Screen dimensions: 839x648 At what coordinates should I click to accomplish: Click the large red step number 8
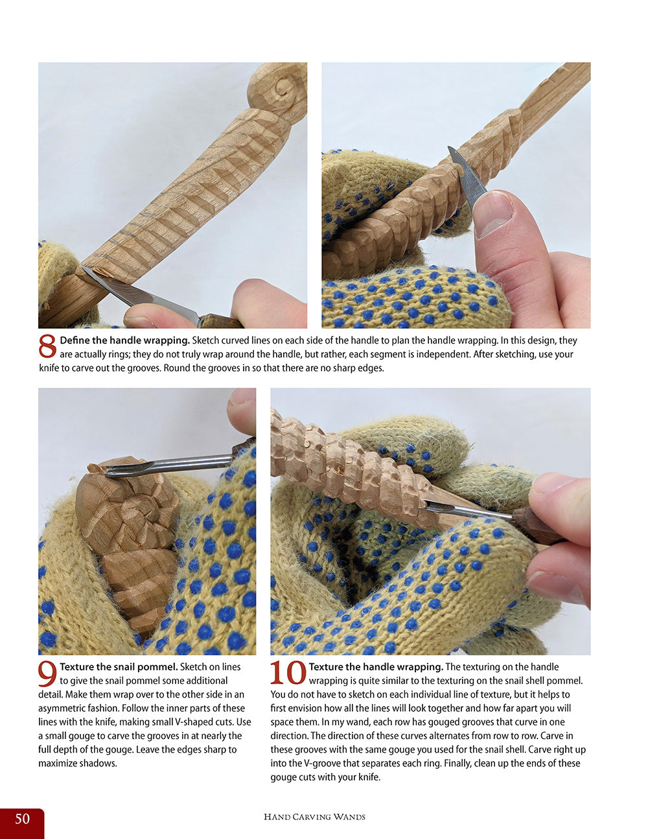pos(48,346)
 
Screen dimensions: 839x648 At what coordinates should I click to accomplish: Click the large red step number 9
pos(48,674)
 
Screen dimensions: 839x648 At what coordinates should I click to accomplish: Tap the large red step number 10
pos(288,674)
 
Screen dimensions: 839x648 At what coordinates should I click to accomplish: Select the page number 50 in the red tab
pos(22,819)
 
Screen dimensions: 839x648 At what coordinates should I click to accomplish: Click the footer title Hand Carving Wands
pos(314,817)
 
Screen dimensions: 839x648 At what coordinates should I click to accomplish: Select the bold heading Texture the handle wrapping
pos(376,667)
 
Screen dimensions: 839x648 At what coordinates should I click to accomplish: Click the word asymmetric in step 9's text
pos(64,708)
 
